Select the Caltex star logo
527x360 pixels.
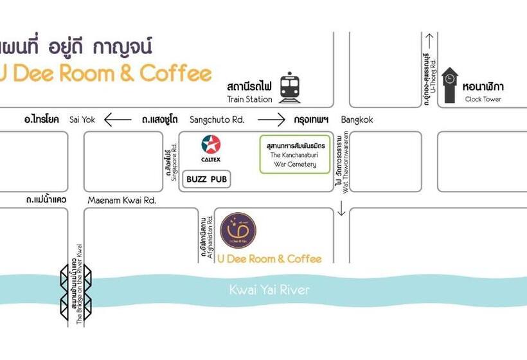(210, 145)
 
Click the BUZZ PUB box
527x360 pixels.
(207, 179)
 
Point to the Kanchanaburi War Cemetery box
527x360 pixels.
(294, 154)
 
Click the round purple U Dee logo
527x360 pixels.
(238, 230)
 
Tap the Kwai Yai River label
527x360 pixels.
(269, 290)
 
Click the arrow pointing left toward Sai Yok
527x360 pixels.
(117, 120)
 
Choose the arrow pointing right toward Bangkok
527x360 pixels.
(271, 120)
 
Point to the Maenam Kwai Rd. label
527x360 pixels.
(121, 200)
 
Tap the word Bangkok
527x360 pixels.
(357, 120)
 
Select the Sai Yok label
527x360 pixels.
(82, 120)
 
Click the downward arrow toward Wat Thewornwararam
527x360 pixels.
(341, 210)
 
